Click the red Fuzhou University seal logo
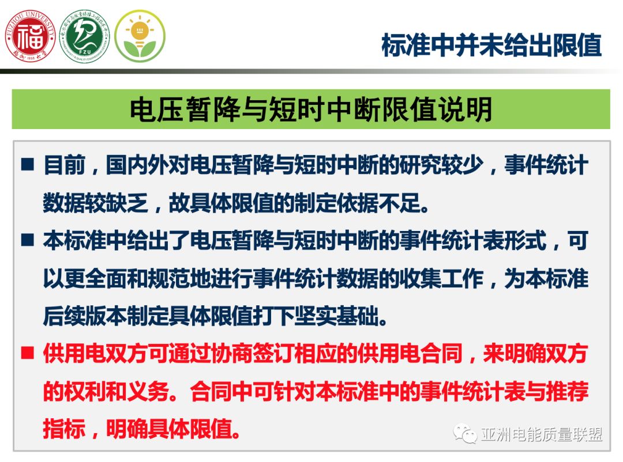(30, 37)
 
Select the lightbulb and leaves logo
(140, 36)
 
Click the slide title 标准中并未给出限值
(491, 44)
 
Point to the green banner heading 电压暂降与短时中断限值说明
(311, 109)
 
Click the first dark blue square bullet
(28, 165)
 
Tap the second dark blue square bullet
(28, 240)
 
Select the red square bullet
(28, 353)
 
